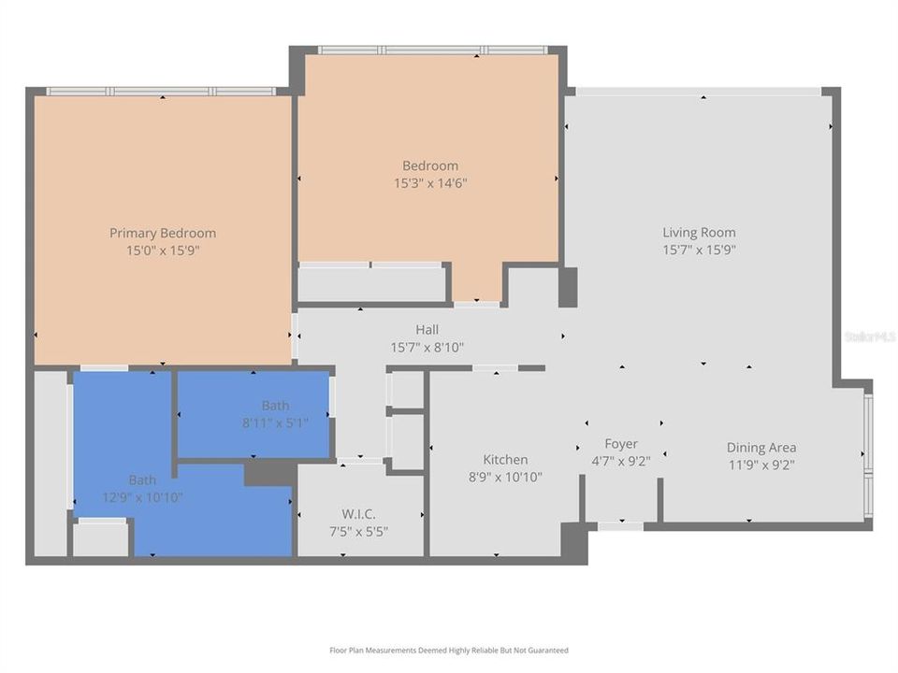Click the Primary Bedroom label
coord(163,233)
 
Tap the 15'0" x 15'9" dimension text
coord(163,251)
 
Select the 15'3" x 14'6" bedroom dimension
coord(430,183)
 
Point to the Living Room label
coord(699,232)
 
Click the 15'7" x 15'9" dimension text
coord(699,250)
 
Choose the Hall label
coord(427,329)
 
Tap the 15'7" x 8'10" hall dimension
coord(427,347)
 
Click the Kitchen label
coord(505,459)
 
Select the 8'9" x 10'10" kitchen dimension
coord(505,477)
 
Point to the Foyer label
coord(621,443)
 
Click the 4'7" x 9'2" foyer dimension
coord(621,461)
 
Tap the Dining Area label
coord(761,447)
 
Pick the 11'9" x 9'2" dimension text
coord(761,465)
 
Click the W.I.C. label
coord(359,513)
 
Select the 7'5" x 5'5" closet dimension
coord(359,531)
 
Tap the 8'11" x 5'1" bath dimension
coord(275,422)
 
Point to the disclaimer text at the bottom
coord(448,650)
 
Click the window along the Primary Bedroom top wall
coord(161,92)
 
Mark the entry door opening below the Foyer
coord(620,526)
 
